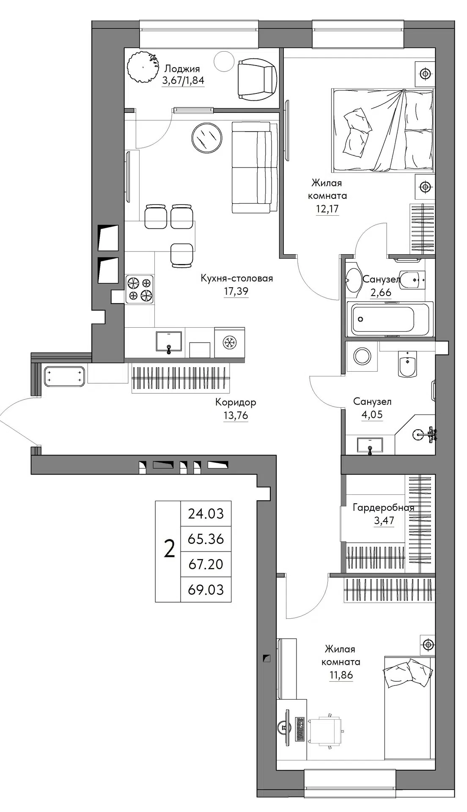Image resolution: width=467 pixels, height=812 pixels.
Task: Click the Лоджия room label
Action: click(182, 69)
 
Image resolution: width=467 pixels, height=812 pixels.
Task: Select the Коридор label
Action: click(236, 402)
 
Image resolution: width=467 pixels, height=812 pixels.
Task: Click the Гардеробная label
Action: click(384, 508)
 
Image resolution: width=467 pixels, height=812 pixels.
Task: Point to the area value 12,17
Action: click(327, 208)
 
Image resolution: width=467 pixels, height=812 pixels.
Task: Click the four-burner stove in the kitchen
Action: click(140, 289)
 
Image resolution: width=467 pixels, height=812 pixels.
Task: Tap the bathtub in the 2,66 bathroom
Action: click(390, 319)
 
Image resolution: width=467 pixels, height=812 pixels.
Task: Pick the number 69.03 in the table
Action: click(206, 589)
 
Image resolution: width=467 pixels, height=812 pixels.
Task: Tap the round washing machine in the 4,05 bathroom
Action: click(363, 356)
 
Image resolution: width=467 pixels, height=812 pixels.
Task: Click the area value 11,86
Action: click(341, 675)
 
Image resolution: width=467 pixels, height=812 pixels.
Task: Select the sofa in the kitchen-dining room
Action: click(252, 167)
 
